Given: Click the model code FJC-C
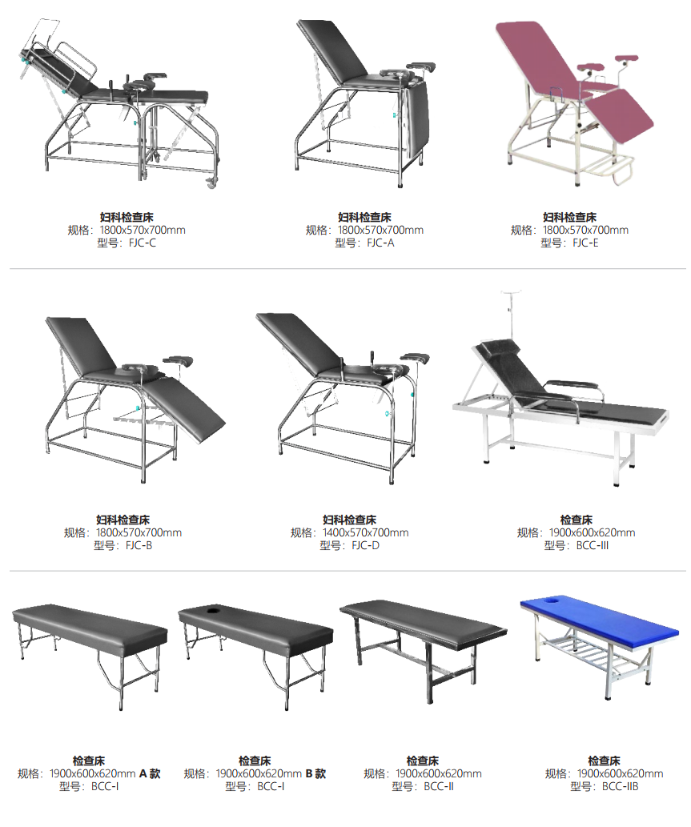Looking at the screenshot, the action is tap(142, 243).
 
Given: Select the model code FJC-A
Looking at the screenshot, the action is tap(380, 243).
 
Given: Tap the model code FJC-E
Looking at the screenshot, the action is tap(585, 243).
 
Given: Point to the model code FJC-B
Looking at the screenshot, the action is tap(139, 546).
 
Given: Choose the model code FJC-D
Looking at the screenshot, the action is tap(366, 546).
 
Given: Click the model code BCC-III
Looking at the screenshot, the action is tap(593, 546).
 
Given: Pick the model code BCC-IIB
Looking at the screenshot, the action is tap(620, 787).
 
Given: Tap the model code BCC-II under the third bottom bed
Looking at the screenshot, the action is tap(438, 787).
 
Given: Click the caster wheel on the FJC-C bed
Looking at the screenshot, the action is tap(211, 183).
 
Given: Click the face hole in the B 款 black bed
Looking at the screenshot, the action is tap(214, 610).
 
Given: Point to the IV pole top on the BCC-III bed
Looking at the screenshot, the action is tap(511, 291).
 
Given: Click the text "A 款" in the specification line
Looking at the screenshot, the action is tap(150, 773).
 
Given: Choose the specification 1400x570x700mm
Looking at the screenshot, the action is tap(366, 532).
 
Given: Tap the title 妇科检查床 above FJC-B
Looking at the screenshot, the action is tap(123, 520).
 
